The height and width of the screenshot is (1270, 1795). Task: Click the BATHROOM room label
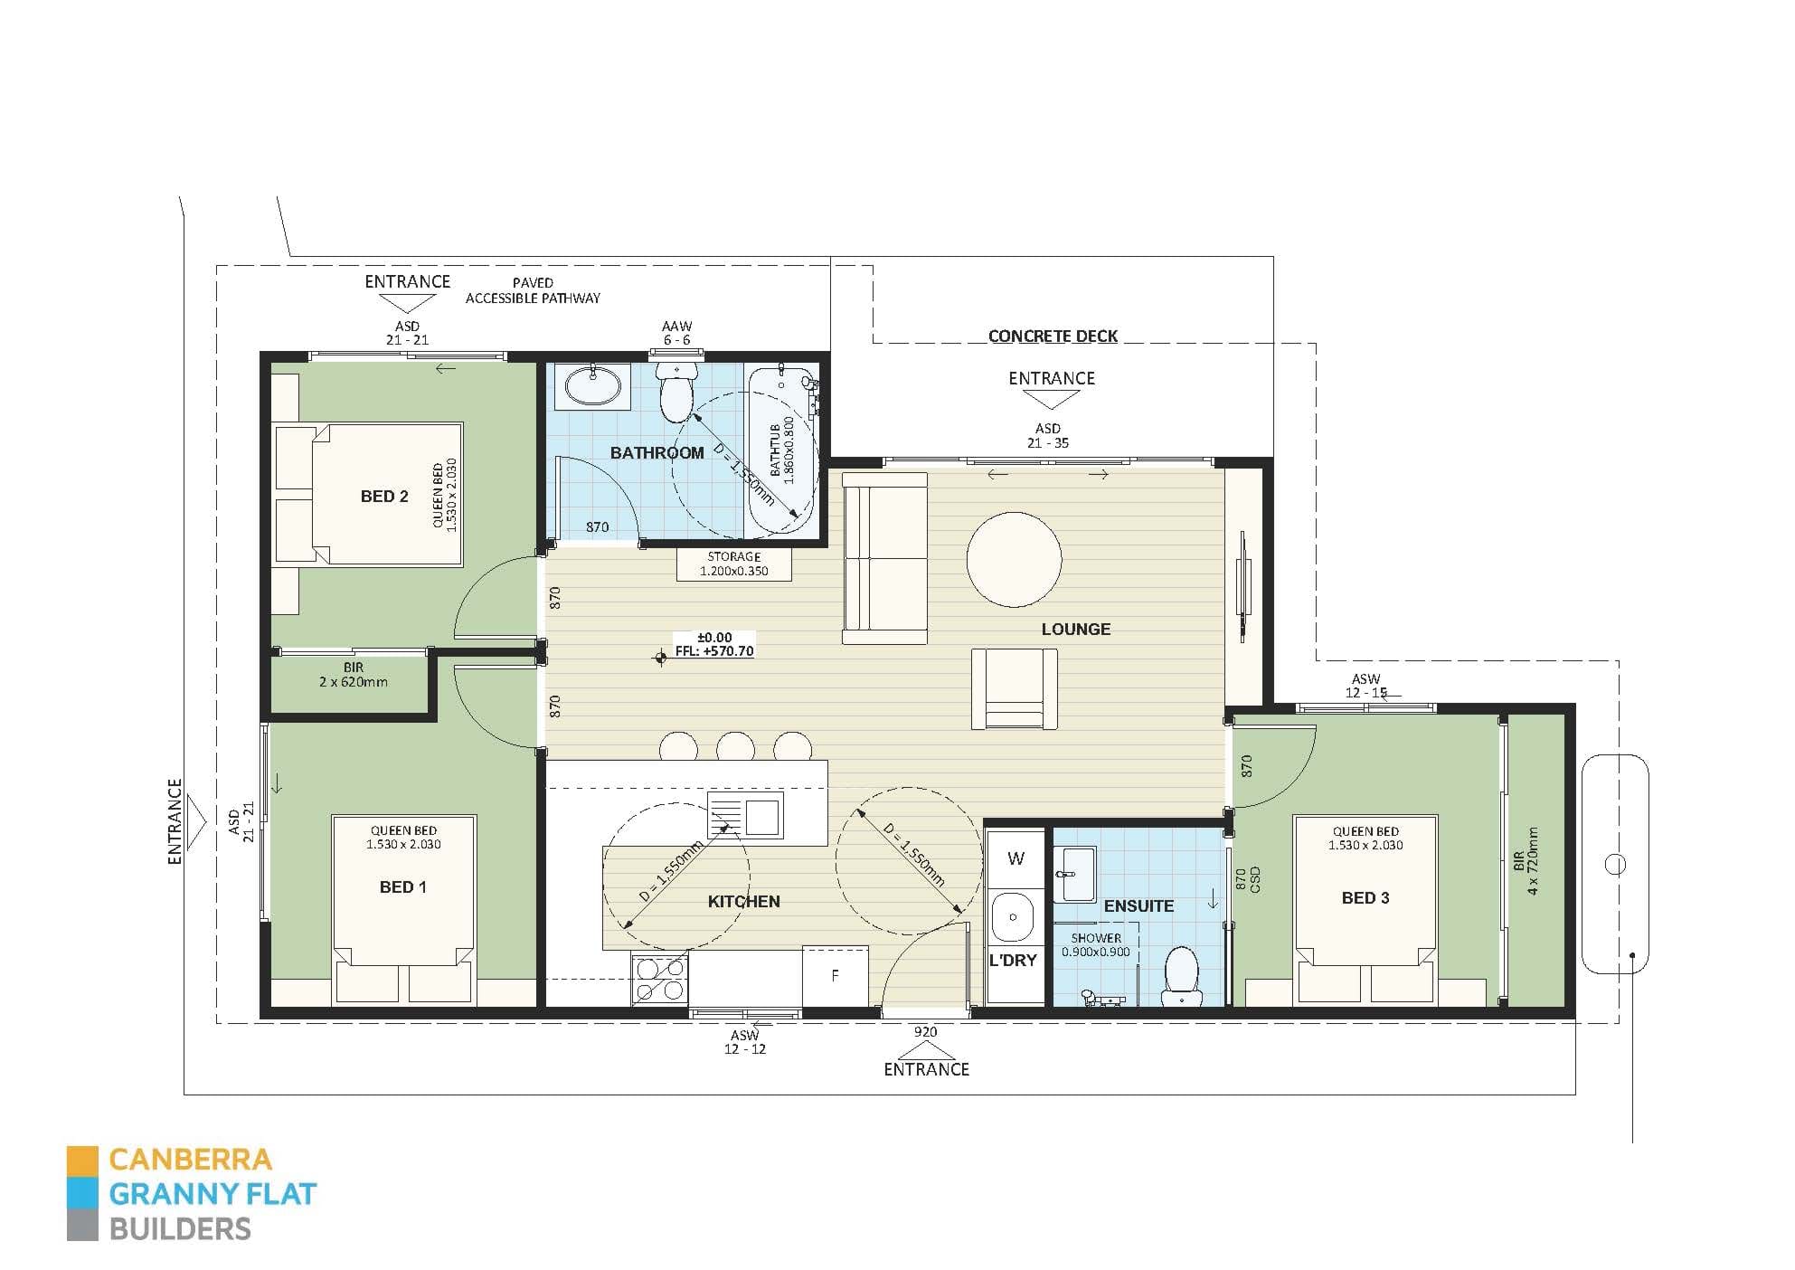click(x=657, y=453)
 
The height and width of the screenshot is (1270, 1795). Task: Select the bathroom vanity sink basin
click(x=593, y=387)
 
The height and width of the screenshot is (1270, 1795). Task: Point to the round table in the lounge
click(x=1014, y=559)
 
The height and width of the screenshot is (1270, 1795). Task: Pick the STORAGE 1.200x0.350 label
click(x=733, y=564)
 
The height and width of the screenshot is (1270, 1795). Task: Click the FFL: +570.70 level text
click(x=714, y=651)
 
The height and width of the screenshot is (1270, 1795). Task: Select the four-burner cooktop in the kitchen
click(x=660, y=980)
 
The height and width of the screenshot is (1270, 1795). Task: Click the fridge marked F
click(x=835, y=976)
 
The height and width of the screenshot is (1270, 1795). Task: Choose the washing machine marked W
click(x=1016, y=858)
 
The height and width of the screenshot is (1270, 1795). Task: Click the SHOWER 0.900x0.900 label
click(x=1095, y=945)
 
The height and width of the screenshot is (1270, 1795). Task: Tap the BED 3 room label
click(x=1365, y=898)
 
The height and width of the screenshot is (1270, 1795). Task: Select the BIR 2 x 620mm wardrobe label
click(x=353, y=675)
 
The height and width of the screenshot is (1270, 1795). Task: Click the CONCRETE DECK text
click(x=1053, y=336)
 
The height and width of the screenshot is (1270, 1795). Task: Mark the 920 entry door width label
click(x=925, y=1032)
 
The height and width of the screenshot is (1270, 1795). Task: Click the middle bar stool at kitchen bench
click(x=735, y=746)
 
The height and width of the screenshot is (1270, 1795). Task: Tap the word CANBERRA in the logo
click(x=190, y=1160)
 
